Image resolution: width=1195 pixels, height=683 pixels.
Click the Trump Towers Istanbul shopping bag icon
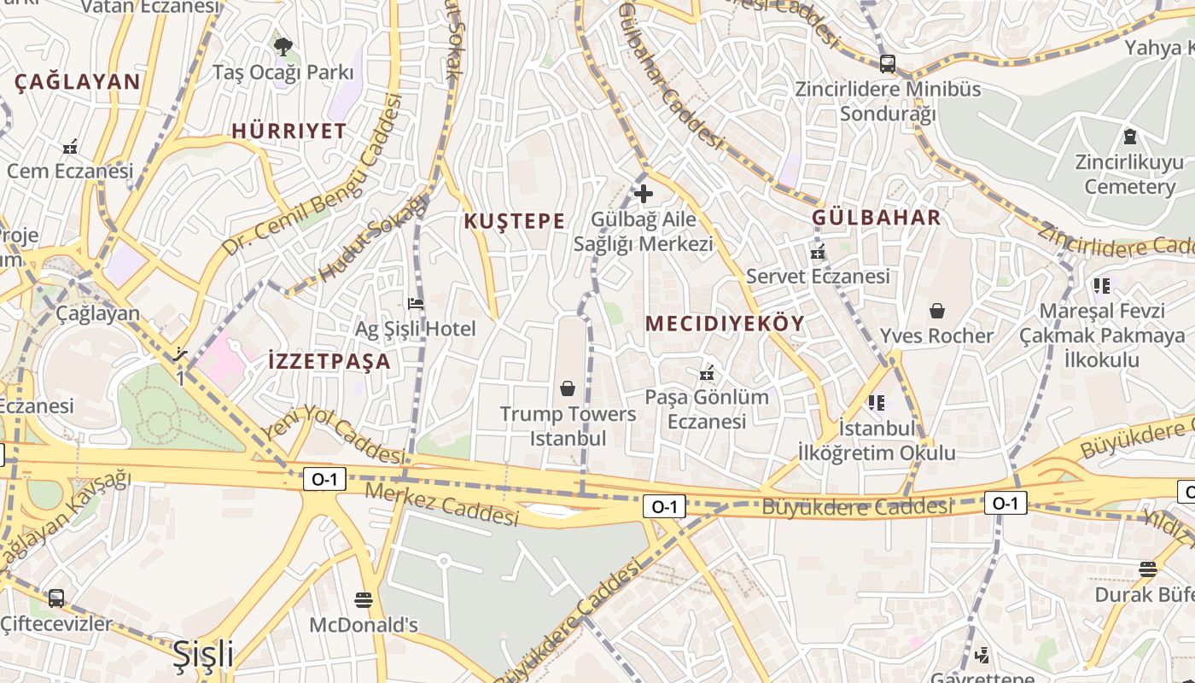tap(568, 389)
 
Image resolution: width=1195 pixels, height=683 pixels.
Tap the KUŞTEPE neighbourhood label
tap(514, 221)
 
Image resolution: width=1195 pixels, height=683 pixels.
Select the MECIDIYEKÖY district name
tap(725, 324)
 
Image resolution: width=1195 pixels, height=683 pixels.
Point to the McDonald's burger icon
tap(364, 599)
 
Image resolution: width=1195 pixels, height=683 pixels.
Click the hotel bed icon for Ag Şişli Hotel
tap(416, 303)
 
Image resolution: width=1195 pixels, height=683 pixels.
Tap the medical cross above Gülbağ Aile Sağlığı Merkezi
tap(644, 194)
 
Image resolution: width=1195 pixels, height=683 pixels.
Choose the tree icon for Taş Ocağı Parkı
tap(283, 46)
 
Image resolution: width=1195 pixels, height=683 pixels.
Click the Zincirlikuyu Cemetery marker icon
tap(1129, 137)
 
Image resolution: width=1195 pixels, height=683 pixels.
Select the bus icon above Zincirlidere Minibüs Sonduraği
tap(888, 63)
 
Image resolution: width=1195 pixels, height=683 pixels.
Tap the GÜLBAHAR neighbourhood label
tap(876, 217)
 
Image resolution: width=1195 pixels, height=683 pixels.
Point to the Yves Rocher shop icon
tap(937, 311)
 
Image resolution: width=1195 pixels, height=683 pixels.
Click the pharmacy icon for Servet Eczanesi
tap(818, 252)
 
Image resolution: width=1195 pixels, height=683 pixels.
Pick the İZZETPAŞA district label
tap(329, 360)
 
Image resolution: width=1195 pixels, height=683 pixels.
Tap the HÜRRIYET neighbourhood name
tap(289, 131)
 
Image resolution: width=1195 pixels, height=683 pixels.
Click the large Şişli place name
tap(203, 654)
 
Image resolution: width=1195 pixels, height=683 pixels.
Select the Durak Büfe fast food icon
tap(1148, 569)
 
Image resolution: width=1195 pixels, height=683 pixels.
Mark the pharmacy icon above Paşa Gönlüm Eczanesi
tap(707, 373)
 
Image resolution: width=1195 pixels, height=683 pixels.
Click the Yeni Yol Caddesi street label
tap(332, 435)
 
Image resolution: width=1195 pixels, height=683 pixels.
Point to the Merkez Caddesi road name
tap(441, 504)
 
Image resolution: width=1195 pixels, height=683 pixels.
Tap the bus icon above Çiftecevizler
tap(56, 598)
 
